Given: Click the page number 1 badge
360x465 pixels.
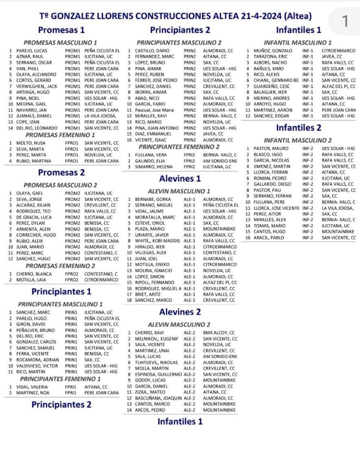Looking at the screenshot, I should [345, 21].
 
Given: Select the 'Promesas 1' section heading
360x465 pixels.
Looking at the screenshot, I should [61, 30].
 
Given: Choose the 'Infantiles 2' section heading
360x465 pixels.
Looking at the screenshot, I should [298, 128].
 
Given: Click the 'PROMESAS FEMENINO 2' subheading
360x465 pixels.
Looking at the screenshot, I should [60, 266].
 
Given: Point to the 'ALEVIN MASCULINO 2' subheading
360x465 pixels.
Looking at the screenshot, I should [179, 324].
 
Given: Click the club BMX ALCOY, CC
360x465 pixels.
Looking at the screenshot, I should [218, 333].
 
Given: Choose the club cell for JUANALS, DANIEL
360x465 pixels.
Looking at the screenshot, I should [101, 116].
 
